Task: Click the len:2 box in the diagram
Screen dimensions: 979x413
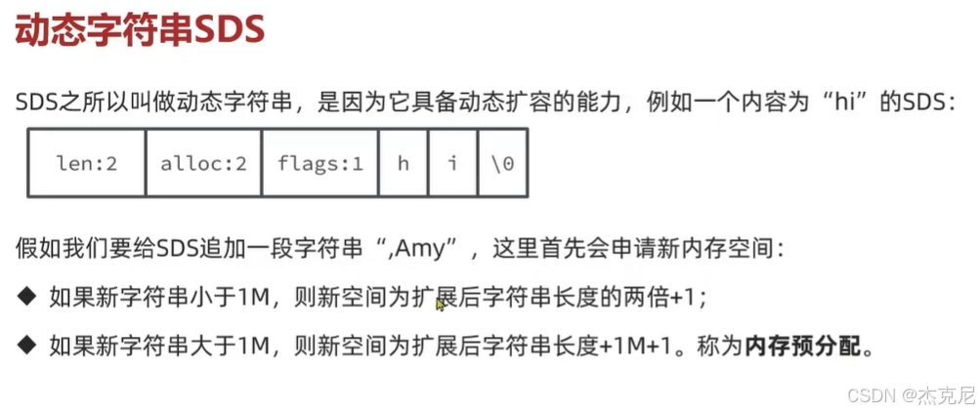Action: (x=86, y=163)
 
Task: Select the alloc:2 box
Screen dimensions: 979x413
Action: (x=203, y=163)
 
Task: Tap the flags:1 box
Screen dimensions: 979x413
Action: (x=320, y=163)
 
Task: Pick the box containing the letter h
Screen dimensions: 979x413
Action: (x=403, y=163)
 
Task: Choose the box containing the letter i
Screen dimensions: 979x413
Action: (x=452, y=163)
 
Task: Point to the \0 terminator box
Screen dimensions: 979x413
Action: (x=502, y=163)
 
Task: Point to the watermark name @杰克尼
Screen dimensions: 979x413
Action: (x=937, y=394)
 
